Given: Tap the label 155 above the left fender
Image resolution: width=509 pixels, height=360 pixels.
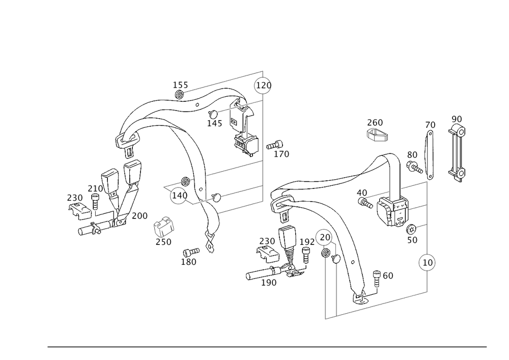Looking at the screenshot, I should [180, 85].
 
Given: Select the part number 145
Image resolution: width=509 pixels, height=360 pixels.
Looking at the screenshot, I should [215, 123].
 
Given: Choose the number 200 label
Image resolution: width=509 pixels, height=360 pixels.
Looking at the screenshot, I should [138, 216].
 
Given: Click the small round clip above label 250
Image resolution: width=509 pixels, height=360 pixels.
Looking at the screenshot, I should [163, 225].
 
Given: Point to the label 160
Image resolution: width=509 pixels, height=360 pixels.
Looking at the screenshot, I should [385, 275].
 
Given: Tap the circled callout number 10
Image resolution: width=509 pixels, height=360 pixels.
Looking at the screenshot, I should [427, 263].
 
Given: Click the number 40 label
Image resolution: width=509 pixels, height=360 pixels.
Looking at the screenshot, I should [362, 192].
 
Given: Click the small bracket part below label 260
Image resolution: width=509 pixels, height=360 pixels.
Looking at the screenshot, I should [377, 134].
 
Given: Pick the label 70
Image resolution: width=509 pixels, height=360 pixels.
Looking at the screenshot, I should [431, 125].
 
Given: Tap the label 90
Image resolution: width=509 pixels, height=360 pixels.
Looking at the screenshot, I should [457, 118].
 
